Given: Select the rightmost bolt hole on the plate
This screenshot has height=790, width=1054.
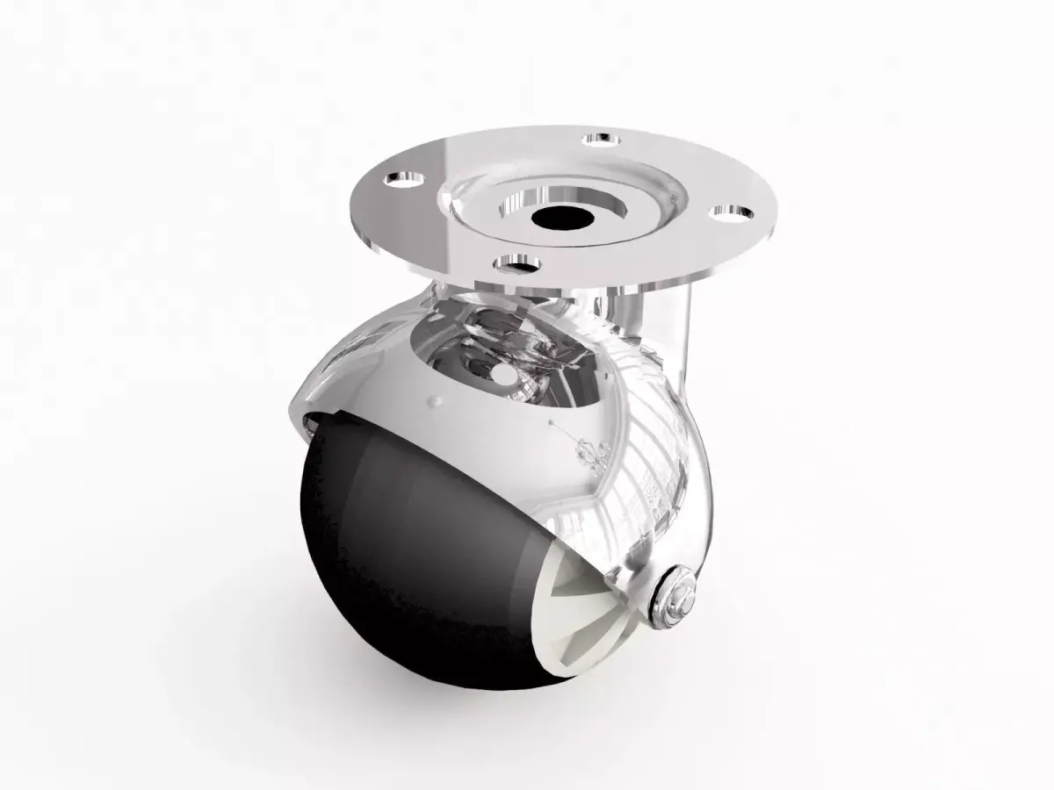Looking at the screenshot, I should pos(731,212).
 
